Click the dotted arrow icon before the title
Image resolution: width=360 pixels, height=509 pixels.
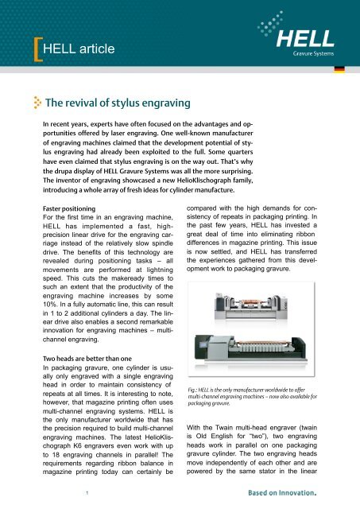click(x=37, y=103)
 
